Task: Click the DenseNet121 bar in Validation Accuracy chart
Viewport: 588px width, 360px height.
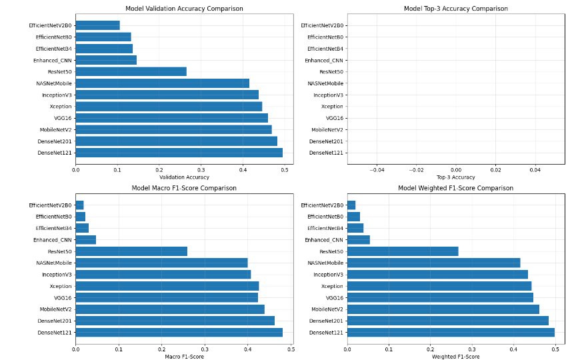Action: [x=179, y=153]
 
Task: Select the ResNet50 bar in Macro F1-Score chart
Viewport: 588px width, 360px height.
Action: [x=131, y=251]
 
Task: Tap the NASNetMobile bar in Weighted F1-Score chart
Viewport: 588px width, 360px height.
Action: [x=433, y=263]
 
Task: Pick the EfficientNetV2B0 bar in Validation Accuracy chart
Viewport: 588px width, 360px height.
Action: [x=97, y=25]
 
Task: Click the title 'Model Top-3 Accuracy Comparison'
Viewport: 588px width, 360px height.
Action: [x=456, y=9]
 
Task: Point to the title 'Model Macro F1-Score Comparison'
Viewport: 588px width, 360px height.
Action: [x=184, y=188]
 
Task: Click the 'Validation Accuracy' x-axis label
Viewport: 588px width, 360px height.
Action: [x=184, y=177]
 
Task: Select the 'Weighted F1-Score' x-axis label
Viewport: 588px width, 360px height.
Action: [x=456, y=357]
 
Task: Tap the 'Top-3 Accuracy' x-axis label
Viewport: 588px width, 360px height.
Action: [x=456, y=177]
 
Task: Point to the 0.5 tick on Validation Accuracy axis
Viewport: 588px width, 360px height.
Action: [x=285, y=169]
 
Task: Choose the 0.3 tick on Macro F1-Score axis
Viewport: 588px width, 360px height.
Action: [x=205, y=349]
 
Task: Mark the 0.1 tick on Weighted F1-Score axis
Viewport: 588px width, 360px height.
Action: [x=389, y=349]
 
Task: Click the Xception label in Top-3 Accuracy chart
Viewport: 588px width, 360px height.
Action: [x=332, y=107]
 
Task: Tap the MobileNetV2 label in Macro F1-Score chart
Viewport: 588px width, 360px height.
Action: [x=55, y=309]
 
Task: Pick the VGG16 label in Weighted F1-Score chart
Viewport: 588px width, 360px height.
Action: [x=335, y=298]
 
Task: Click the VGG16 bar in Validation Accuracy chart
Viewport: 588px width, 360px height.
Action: [x=171, y=118]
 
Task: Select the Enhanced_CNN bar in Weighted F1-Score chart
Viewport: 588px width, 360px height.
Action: [x=359, y=240]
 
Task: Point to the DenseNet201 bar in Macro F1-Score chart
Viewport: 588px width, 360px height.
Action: [x=175, y=321]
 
